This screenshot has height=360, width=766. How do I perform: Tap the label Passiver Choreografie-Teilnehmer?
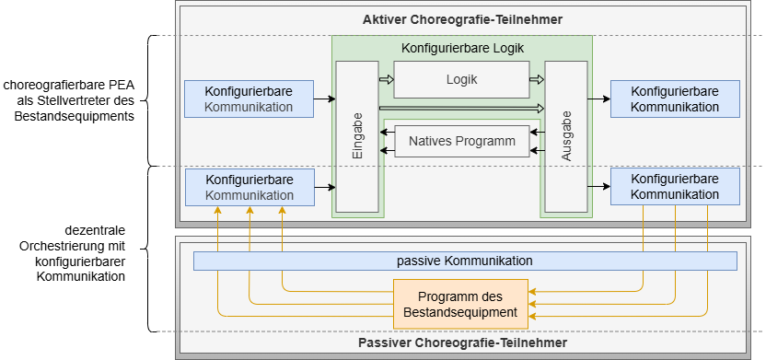(x=461, y=343)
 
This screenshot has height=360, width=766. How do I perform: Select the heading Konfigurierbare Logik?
(x=461, y=48)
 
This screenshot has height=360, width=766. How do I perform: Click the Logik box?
(x=461, y=80)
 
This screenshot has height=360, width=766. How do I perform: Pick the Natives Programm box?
(x=461, y=142)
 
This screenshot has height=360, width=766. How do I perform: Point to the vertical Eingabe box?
(x=357, y=136)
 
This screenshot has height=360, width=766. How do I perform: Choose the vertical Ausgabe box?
(x=566, y=136)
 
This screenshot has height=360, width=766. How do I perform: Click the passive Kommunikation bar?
(x=465, y=261)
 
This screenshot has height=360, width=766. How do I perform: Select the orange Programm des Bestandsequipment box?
(x=461, y=304)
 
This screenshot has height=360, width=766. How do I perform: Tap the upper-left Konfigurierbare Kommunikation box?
(x=249, y=99)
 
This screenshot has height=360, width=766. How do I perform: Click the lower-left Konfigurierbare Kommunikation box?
(x=249, y=187)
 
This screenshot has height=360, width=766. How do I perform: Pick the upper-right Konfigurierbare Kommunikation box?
(x=675, y=99)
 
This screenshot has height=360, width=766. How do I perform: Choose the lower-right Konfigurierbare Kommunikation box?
(x=675, y=186)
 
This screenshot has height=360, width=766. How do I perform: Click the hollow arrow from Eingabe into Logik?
(x=386, y=80)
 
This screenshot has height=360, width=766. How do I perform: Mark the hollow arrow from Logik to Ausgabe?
(x=537, y=80)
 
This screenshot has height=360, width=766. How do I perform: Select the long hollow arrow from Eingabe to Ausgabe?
(x=461, y=109)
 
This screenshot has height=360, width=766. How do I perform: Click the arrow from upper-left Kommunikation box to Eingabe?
(x=324, y=98)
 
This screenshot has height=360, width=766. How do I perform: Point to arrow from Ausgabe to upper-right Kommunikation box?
(x=599, y=98)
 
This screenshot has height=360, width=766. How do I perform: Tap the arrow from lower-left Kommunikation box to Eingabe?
(x=324, y=187)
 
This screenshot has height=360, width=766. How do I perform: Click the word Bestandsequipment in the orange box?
(x=461, y=313)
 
